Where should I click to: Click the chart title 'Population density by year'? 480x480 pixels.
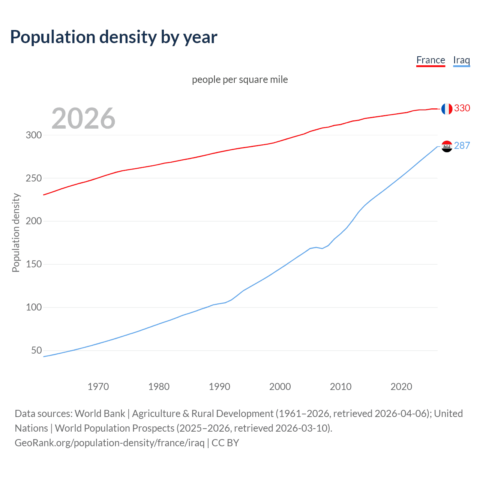coord(114,37)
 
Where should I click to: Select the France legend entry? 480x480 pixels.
coord(430,60)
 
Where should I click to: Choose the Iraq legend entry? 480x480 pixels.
coord(461,60)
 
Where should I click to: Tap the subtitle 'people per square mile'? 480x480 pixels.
coord(240,80)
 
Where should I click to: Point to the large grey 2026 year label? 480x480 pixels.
coord(83,118)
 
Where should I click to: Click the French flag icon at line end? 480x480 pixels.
coord(447,109)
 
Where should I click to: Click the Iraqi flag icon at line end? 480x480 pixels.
coord(447,146)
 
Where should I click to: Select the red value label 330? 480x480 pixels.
coord(462,108)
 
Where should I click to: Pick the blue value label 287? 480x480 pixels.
coord(462,146)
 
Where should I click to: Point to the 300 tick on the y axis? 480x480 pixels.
coord(34,135)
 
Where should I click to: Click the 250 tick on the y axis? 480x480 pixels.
coord(34,178)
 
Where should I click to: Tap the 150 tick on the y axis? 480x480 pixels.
coord(34,264)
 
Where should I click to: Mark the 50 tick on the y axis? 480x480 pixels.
coord(36,351)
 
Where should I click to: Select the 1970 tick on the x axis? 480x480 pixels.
coord(98,387)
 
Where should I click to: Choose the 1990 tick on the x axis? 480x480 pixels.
coord(219,387)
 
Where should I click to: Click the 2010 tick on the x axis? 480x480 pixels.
coord(340,387)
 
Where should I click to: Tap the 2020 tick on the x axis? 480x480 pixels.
coord(401,387)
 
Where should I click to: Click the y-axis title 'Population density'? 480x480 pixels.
coord(16,232)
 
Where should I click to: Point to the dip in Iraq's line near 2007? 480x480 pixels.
coord(322,248)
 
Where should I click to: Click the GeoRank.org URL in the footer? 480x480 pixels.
coord(109,443)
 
